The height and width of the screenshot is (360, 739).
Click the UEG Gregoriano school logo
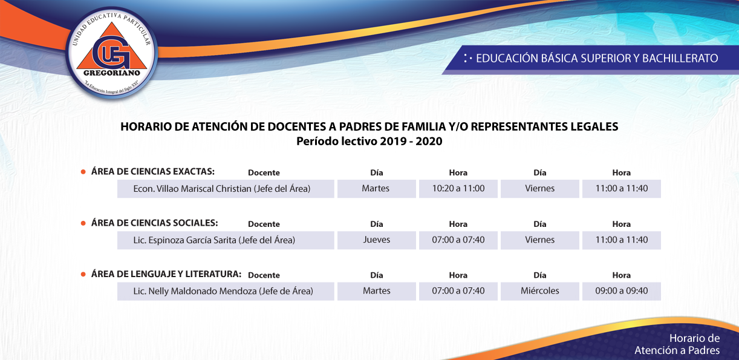point(112,53)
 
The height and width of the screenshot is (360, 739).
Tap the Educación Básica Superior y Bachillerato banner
point(591,59)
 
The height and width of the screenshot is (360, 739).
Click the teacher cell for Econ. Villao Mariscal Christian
point(226,189)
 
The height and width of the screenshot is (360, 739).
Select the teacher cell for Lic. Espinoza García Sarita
point(226,240)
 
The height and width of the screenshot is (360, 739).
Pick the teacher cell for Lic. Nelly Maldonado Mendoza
point(226,292)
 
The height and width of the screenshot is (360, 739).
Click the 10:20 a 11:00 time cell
point(458,189)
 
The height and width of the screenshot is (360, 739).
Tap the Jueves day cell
point(376,240)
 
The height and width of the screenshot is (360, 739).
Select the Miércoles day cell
point(539,292)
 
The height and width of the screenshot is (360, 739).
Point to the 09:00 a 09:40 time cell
point(622,292)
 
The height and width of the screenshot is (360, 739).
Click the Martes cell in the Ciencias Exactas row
point(376,189)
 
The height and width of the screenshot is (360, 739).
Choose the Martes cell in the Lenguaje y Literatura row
point(376,292)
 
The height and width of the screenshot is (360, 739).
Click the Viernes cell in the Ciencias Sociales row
point(539,240)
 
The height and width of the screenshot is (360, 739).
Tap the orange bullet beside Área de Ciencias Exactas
point(83,172)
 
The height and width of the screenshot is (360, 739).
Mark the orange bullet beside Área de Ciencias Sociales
point(83,223)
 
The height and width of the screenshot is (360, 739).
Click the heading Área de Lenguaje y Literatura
point(166,274)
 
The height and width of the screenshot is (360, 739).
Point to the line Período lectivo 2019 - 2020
point(369,141)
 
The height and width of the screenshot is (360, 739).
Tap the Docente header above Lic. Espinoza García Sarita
point(264,224)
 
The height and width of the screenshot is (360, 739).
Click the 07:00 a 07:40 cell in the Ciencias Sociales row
point(458,240)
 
